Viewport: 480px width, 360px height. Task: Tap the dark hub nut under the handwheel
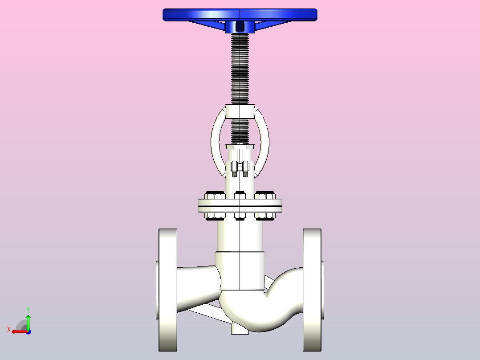click(240, 27)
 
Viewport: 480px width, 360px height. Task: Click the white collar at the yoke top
click(240, 111)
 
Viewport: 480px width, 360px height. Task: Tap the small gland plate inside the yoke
click(240, 147)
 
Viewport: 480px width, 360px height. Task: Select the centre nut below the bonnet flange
click(240, 217)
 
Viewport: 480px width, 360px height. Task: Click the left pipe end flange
click(168, 290)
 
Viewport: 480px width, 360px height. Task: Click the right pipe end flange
click(312, 290)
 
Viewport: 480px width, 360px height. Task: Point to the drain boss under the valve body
click(239, 329)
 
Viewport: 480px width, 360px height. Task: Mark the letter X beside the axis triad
click(8, 330)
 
